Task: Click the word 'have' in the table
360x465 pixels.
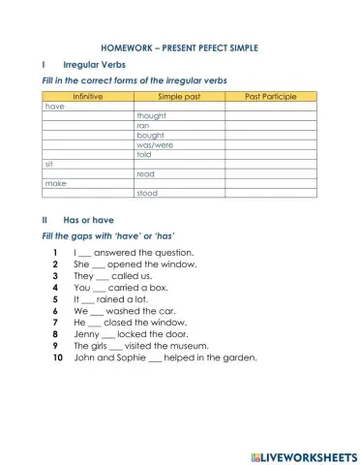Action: coord(55,107)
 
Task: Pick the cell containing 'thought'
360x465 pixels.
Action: coord(152,116)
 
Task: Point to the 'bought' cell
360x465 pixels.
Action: coord(150,136)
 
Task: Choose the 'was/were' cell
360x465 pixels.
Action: coord(155,145)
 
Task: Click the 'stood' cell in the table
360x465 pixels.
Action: coord(147,193)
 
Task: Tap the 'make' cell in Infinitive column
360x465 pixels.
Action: coord(55,183)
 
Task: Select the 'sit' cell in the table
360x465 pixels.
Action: coord(49,164)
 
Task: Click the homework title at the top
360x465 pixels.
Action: coord(179,47)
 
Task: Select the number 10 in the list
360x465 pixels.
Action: coord(57,356)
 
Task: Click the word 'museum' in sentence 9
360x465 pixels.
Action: coord(198,345)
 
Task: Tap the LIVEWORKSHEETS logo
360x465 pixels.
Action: coord(303,454)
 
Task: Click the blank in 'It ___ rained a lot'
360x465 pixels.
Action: coord(88,299)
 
